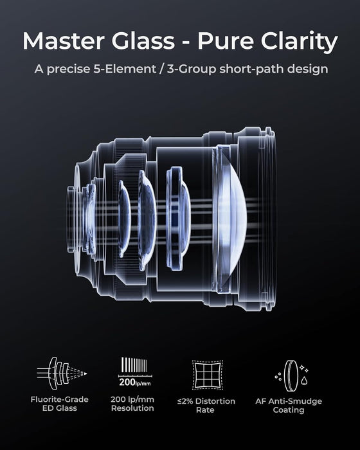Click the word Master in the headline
(63, 40)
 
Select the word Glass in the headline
(143, 40)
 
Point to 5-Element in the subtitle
(125, 69)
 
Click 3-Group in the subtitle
(191, 69)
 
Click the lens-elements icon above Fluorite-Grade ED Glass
(62, 373)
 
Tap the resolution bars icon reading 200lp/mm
(135, 372)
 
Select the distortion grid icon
(207, 375)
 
